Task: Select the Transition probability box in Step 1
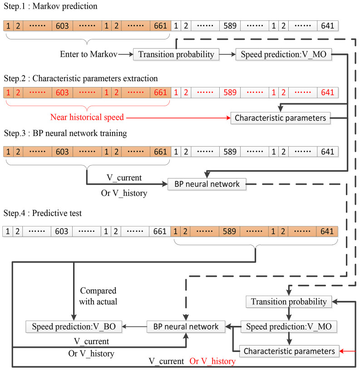(x=176, y=55)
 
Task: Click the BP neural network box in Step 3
(x=207, y=185)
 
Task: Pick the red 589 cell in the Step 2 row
(x=230, y=92)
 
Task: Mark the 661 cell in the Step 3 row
(x=160, y=151)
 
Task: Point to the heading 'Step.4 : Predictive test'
(x=42, y=213)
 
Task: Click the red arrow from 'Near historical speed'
(x=177, y=118)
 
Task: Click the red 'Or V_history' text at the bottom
(x=212, y=361)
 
